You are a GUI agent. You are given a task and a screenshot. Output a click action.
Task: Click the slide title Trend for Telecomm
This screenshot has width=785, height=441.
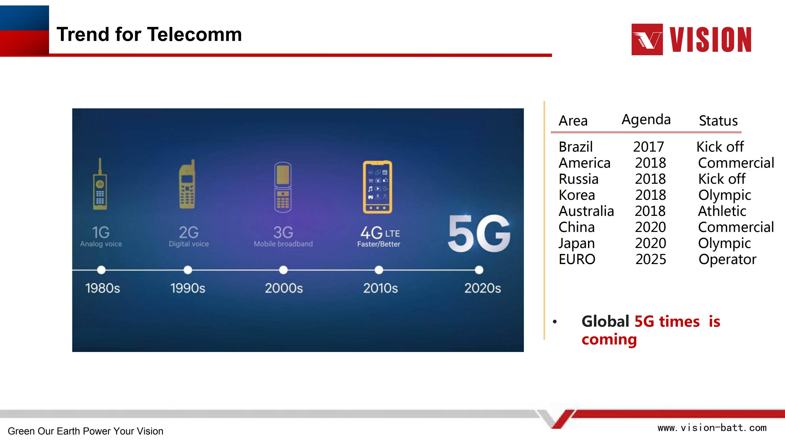click(149, 34)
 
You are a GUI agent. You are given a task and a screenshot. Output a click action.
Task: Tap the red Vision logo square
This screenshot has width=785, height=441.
click(647, 39)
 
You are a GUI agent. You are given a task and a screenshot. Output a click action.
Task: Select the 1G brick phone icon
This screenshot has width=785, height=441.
click(100, 184)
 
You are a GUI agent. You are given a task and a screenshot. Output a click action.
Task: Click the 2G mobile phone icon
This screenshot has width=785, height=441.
click(187, 184)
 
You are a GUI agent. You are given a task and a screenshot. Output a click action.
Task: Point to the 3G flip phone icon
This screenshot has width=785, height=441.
click(283, 187)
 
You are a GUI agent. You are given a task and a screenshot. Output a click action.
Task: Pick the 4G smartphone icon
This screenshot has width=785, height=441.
click(378, 187)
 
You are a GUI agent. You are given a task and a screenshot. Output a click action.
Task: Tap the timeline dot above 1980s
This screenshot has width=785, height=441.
click(101, 270)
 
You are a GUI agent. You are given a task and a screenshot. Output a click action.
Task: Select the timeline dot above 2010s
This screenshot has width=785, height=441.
click(379, 270)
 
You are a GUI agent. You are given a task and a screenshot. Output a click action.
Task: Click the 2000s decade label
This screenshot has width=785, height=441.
click(284, 288)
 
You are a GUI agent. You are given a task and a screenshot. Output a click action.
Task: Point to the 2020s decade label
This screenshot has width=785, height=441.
click(482, 288)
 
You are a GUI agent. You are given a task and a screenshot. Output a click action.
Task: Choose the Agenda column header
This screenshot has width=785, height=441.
click(646, 120)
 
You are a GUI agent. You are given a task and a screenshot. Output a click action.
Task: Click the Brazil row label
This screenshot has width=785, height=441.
click(576, 147)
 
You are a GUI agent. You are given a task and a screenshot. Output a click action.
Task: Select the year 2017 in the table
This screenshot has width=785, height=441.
click(648, 147)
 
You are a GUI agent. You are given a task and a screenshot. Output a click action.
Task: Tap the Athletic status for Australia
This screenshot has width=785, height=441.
click(722, 211)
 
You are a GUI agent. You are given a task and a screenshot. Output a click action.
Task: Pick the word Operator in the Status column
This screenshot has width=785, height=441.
click(727, 260)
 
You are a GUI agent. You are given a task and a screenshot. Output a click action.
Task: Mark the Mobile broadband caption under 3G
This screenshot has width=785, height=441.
click(283, 244)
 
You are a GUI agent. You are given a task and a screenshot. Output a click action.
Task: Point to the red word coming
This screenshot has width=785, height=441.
click(609, 340)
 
